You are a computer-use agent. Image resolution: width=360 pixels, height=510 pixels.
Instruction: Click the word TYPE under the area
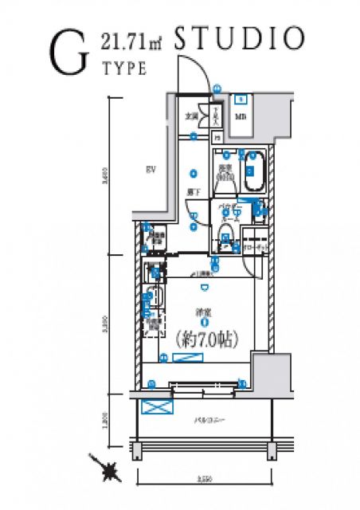pyautogui.click(x=124, y=69)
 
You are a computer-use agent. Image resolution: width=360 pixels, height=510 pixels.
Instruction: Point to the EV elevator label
pyautogui.click(x=149, y=169)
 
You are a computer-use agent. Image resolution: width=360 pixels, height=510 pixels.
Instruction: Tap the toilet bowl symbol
pyautogui.click(x=225, y=237)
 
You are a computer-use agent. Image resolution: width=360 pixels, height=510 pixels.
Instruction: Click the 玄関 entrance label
pyautogui.click(x=192, y=116)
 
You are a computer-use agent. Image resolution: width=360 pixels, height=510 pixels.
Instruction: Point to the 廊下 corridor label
pyautogui.click(x=194, y=192)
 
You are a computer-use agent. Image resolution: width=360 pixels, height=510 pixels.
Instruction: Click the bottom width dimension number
pyautogui.click(x=205, y=480)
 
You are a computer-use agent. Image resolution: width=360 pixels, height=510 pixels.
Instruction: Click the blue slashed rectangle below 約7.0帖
pyautogui.click(x=187, y=359)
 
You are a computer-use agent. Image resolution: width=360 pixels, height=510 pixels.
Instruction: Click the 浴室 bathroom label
pyautogui.click(x=225, y=171)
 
